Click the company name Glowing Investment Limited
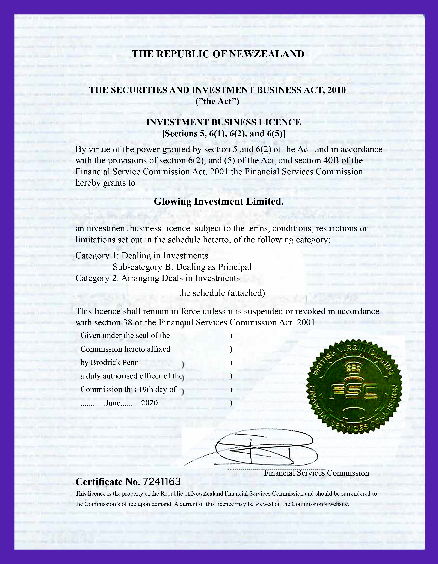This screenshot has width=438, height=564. click(x=219, y=201)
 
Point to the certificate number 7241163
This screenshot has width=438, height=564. click(x=162, y=482)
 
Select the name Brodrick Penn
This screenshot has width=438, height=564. click(x=115, y=362)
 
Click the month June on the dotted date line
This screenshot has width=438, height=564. click(x=113, y=403)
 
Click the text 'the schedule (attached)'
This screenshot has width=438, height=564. click(x=222, y=293)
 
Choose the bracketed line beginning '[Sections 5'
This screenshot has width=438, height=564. click(x=223, y=134)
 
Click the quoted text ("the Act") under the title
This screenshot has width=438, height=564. click(x=217, y=101)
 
